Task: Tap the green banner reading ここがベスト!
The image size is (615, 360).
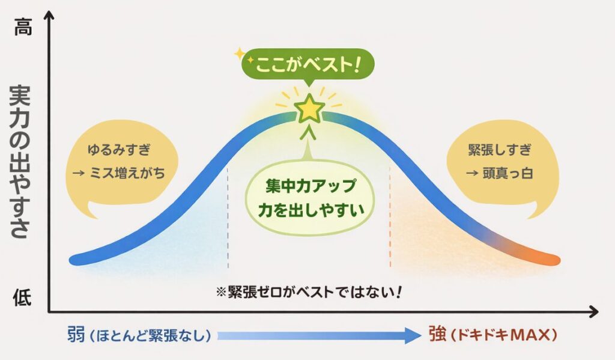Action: [307, 64]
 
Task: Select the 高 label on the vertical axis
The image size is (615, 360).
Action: [23, 27]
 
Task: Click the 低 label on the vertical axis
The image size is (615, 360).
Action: [22, 297]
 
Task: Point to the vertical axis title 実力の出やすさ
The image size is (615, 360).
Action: [20, 161]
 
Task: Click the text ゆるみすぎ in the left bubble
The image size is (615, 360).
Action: [119, 150]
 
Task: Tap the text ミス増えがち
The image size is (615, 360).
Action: [127, 173]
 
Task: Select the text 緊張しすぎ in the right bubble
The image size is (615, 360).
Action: [500, 150]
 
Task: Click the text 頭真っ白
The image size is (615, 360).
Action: [507, 173]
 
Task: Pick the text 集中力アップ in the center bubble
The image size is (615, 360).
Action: [311, 186]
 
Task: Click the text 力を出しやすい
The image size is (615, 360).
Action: [311, 210]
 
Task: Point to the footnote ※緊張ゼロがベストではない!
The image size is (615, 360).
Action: [309, 292]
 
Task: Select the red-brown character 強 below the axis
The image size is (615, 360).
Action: [438, 335]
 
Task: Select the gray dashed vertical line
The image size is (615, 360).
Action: [228, 218]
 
